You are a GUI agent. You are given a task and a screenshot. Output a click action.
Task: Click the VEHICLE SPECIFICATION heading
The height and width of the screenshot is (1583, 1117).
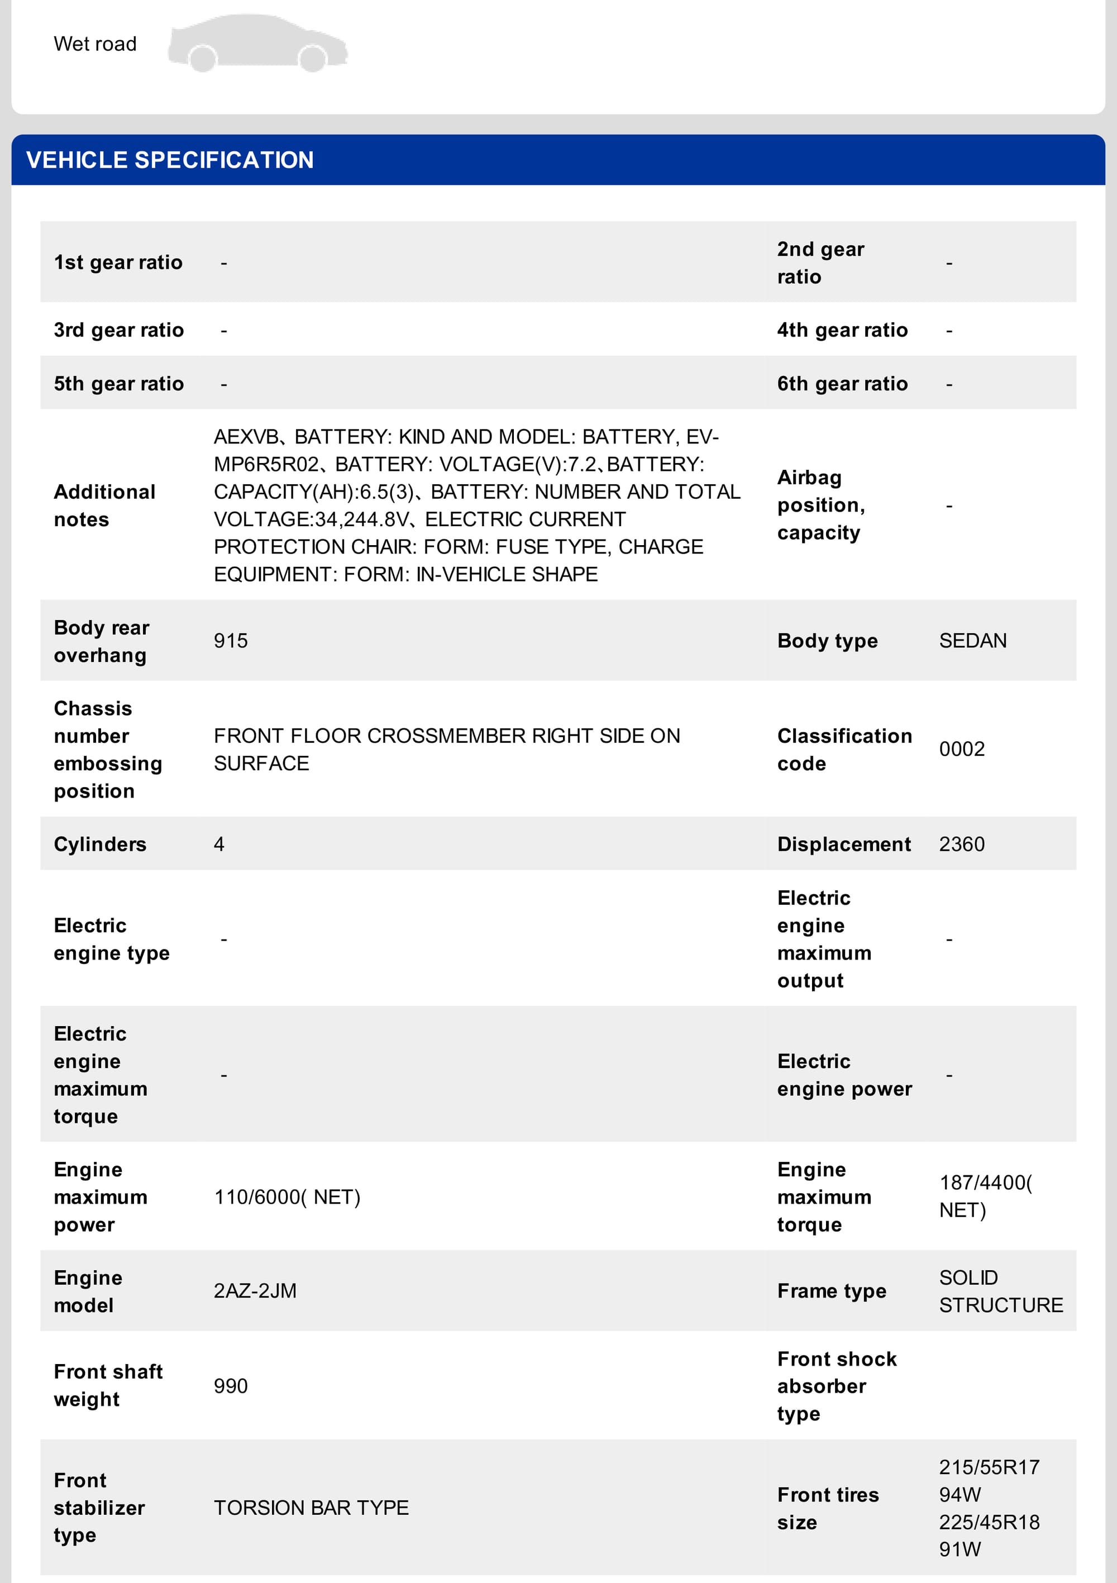click(170, 160)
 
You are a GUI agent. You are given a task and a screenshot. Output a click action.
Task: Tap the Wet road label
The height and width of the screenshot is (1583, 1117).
click(95, 44)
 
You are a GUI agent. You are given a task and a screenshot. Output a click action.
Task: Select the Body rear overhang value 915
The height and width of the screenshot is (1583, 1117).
click(230, 641)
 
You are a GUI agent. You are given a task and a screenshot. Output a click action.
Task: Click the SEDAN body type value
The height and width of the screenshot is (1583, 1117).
click(972, 641)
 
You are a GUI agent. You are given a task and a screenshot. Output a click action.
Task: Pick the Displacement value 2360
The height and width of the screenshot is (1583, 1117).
click(961, 844)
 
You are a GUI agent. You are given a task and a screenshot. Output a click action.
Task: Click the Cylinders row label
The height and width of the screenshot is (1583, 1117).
click(100, 844)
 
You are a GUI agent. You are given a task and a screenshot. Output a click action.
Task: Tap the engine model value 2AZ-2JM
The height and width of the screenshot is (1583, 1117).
click(255, 1291)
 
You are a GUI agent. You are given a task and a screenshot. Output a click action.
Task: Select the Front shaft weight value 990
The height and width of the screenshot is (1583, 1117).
click(230, 1386)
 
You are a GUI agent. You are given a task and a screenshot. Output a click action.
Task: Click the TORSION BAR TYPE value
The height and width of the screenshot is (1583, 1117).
click(311, 1508)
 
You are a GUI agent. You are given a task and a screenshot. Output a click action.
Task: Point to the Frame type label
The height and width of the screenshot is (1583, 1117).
click(832, 1291)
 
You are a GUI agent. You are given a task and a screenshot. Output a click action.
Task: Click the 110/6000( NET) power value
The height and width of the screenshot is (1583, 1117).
click(287, 1197)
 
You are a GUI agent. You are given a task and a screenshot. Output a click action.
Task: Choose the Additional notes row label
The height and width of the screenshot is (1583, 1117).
click(104, 506)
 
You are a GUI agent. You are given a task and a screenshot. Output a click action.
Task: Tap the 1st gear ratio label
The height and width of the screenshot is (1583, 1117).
click(118, 262)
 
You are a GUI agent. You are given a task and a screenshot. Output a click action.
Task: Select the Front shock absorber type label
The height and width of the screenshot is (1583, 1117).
click(837, 1386)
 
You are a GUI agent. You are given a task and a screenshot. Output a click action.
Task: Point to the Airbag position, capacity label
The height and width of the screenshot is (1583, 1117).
click(820, 506)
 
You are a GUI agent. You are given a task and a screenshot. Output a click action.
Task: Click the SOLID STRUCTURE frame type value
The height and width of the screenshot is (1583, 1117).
click(1000, 1291)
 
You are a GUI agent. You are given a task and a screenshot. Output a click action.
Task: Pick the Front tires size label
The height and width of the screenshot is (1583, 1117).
click(827, 1508)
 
